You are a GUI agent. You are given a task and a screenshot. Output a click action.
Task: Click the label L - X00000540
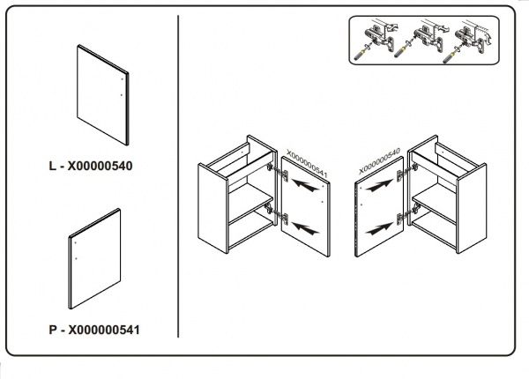click(x=91, y=166)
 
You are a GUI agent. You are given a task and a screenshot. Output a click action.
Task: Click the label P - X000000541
click(x=94, y=330)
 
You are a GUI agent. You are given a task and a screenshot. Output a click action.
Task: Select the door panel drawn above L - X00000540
click(x=102, y=95)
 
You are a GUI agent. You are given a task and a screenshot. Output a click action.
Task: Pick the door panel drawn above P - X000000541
click(x=95, y=259)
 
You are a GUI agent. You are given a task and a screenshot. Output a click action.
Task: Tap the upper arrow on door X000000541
click(x=305, y=185)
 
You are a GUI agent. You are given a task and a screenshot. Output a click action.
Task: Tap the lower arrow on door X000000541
click(x=305, y=228)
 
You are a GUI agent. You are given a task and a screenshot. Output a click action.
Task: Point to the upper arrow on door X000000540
click(x=379, y=185)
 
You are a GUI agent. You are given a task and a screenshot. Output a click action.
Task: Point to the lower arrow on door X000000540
click(x=379, y=228)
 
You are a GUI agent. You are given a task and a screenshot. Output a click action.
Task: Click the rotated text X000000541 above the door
click(x=307, y=164)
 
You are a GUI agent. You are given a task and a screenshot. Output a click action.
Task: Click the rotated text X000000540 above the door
click(x=379, y=160)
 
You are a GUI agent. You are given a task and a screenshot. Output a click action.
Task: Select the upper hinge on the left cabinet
click(x=278, y=171)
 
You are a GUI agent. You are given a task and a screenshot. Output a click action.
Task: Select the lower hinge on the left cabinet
click(x=277, y=214)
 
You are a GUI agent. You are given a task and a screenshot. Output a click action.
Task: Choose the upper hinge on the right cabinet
click(x=407, y=171)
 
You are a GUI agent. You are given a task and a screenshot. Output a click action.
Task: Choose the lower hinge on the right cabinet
click(x=408, y=214)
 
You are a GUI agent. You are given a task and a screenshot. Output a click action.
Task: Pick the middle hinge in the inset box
click(x=428, y=38)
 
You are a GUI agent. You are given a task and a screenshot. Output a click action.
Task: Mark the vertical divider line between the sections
click(x=178, y=176)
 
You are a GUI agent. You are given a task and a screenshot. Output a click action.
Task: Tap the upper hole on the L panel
click(x=123, y=79)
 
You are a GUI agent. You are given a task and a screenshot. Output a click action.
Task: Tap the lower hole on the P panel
click(x=76, y=258)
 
